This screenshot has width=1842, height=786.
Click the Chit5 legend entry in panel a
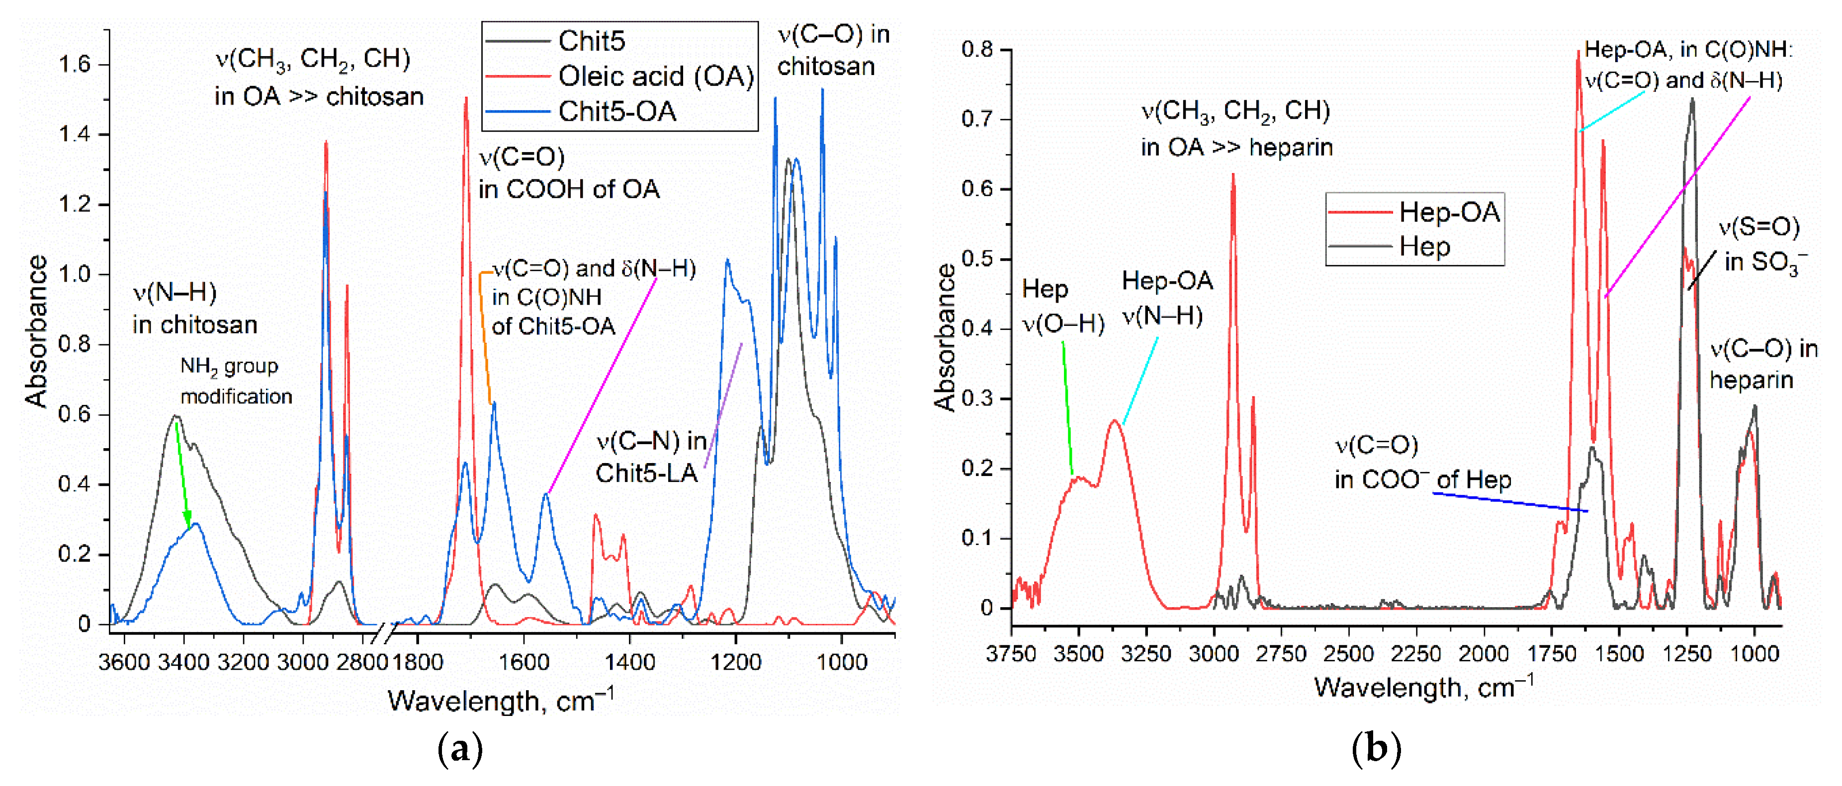(591, 41)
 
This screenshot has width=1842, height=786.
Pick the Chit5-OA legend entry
(616, 111)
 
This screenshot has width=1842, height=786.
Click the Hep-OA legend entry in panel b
(1449, 212)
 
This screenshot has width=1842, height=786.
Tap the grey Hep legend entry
(1424, 246)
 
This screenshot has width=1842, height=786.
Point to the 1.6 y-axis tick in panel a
(75, 65)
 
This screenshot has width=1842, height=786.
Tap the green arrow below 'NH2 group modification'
(183, 475)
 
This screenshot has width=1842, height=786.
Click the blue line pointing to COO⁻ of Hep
(1509, 502)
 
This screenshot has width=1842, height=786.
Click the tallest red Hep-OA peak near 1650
(1578, 54)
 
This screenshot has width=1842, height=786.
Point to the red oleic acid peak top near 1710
(466, 100)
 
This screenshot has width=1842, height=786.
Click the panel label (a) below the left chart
(460, 749)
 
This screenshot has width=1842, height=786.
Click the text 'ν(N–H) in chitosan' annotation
(194, 309)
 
